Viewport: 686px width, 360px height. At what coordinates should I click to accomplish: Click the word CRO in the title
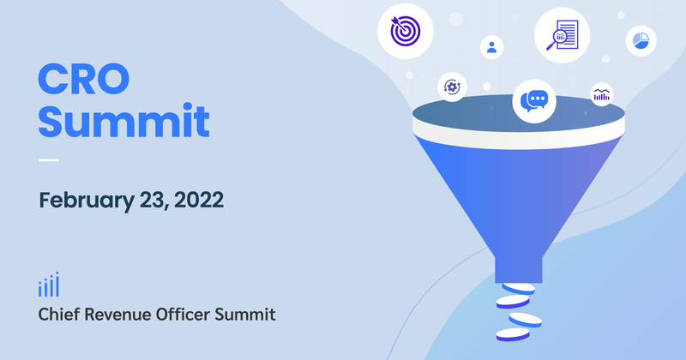coord(84,79)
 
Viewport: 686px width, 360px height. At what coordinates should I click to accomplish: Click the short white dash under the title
coord(49,160)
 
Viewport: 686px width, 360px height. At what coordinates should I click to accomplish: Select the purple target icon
coord(405,31)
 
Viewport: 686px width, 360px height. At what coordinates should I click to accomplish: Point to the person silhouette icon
coord(491,46)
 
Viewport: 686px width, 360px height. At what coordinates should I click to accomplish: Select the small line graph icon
coord(601,95)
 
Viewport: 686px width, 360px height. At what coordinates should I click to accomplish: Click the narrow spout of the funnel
coord(520,267)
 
